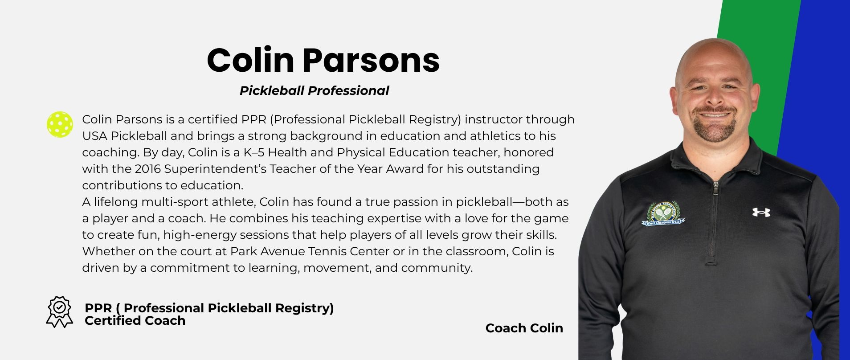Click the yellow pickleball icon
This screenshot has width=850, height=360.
pyautogui.click(x=60, y=124)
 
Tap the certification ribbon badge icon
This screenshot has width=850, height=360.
pyautogui.click(x=60, y=312)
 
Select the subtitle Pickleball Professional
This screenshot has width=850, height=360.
pyautogui.click(x=314, y=90)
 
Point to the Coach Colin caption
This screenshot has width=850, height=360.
pyautogui.click(x=524, y=328)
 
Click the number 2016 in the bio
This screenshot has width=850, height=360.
pyautogui.click(x=147, y=169)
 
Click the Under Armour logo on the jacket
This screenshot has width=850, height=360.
pyautogui.click(x=761, y=212)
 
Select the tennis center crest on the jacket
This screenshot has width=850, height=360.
pyautogui.click(x=664, y=213)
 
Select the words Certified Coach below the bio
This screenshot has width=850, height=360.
pyautogui.click(x=135, y=320)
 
